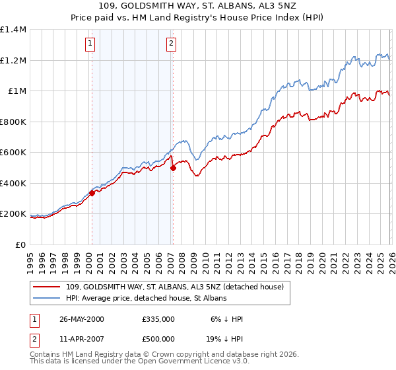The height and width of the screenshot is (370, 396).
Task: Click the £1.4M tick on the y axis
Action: pos(13,30)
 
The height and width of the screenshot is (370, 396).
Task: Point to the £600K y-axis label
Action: pos(13,153)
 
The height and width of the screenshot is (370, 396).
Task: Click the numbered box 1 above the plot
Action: pos(89,44)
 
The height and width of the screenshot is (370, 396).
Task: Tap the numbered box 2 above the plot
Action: pos(171,44)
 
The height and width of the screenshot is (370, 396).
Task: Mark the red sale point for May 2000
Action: pos(92,193)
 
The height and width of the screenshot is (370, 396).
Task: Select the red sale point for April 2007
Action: pos(173,168)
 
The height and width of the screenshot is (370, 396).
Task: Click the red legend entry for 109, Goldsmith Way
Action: pos(175,287)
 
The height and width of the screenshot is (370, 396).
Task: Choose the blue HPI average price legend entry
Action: pos(147,299)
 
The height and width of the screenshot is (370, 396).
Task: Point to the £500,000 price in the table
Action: pos(158,338)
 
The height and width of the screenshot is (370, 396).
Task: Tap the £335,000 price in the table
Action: pos(158,318)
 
